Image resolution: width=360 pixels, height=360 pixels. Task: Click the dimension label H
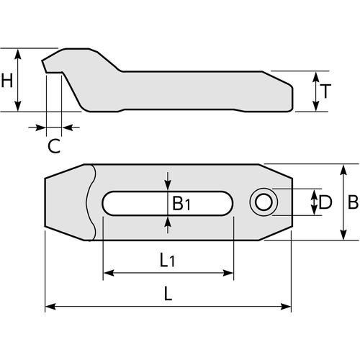point(7,81)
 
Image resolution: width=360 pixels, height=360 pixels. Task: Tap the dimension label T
point(325,91)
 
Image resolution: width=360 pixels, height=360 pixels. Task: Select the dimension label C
point(54,146)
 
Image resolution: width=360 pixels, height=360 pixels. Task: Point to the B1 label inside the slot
point(181,203)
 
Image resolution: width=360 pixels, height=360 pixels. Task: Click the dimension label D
point(325,202)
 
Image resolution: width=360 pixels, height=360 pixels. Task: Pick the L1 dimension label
point(168,260)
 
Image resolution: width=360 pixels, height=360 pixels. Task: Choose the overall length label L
point(168,294)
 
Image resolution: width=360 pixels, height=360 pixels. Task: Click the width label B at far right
point(353,202)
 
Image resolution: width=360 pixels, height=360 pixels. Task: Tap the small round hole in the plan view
point(264,202)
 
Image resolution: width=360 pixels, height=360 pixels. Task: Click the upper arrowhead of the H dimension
point(18,54)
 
